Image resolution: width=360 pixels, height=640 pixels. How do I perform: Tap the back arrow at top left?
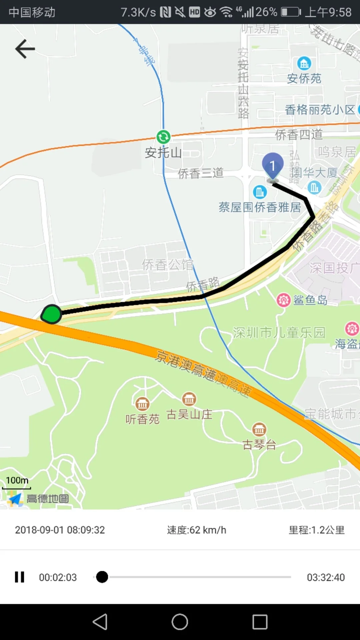[x=25, y=49]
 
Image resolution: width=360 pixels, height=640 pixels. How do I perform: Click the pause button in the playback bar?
[x=20, y=577]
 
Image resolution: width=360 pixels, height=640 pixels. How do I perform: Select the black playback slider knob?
[x=102, y=577]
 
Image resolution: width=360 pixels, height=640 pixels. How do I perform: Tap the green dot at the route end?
[x=52, y=314]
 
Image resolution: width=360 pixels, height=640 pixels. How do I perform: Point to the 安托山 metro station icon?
[x=163, y=137]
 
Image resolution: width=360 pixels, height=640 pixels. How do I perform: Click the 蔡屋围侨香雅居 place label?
[x=260, y=207]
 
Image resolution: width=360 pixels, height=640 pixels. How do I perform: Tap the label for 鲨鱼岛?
[x=310, y=300]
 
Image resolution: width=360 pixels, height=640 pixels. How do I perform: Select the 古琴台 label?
[x=259, y=445]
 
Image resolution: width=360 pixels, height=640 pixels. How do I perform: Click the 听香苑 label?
[x=142, y=419]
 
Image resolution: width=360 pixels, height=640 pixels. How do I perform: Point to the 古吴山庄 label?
[x=189, y=415]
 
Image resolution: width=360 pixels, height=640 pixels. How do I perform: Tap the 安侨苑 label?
[x=304, y=79]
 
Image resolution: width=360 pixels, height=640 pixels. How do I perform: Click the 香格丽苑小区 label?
[x=320, y=110]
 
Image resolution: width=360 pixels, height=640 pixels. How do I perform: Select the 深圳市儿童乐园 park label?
[x=279, y=333]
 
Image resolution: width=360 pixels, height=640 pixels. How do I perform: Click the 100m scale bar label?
[x=17, y=481]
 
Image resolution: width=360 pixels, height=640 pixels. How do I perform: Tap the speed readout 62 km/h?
[x=197, y=530]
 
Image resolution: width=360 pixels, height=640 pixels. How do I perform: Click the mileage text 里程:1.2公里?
[x=317, y=530]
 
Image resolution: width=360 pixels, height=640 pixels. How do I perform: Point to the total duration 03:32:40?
[x=326, y=577]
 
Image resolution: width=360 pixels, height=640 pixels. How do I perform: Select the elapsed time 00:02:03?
[x=58, y=577]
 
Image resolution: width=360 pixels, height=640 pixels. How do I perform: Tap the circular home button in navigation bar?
[x=180, y=622]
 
